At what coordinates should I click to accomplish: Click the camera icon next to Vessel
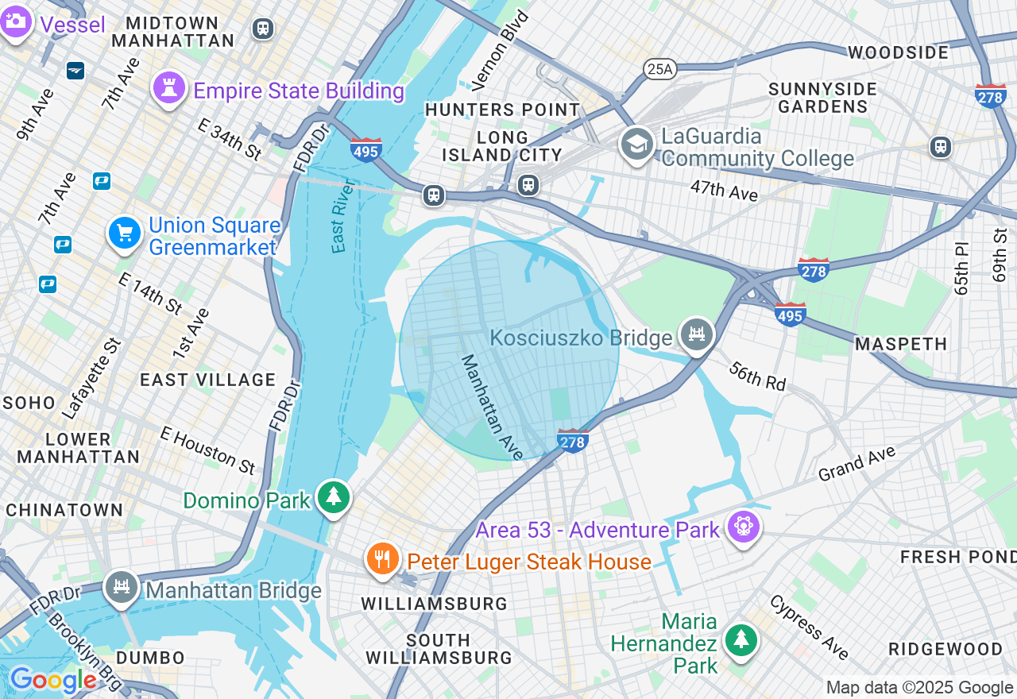(15, 22)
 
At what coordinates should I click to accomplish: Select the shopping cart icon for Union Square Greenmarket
(125, 233)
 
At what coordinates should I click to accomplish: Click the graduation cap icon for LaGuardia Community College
(637, 144)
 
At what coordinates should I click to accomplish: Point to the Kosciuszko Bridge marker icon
(697, 334)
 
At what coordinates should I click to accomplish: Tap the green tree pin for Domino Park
(334, 497)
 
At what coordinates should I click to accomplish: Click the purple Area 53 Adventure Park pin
(744, 526)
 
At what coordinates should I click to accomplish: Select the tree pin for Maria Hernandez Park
(741, 639)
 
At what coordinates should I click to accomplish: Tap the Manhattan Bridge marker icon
(121, 587)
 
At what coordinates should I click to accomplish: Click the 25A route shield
(659, 69)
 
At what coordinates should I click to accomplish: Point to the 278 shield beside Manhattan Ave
(572, 440)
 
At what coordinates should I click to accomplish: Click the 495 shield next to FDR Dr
(365, 149)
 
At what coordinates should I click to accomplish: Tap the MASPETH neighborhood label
(901, 344)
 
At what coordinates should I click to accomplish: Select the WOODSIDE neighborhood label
(898, 52)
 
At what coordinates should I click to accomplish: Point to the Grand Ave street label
(857, 464)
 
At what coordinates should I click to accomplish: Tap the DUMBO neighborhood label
(150, 658)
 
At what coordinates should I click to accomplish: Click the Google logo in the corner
(52, 680)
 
